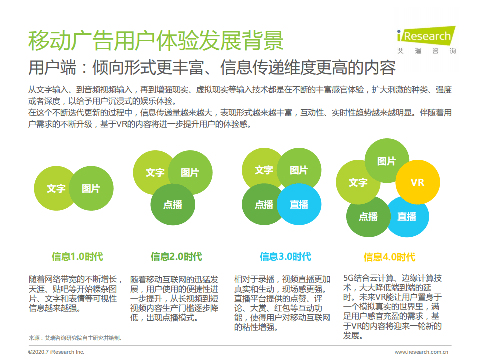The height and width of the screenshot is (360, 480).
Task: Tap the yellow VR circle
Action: [417, 182]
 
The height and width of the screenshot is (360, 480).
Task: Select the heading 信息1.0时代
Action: [77, 257]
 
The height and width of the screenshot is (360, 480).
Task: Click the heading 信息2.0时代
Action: [176, 257]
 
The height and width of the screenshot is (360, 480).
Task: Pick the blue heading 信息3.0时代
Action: [285, 257]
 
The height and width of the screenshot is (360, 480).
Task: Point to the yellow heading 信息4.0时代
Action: [389, 257]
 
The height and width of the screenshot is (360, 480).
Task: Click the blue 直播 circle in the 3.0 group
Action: [299, 204]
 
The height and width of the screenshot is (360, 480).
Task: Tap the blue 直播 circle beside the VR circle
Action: [407, 216]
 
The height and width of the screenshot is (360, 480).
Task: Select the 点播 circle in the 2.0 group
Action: [173, 204]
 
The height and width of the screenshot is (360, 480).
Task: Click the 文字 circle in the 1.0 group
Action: [55, 188]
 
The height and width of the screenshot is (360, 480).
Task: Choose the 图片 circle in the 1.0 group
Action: [91, 188]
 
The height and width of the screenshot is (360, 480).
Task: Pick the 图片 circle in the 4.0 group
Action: [386, 161]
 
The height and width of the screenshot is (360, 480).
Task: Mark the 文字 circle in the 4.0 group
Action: [357, 182]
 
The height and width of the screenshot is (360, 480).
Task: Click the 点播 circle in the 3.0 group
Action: [263, 204]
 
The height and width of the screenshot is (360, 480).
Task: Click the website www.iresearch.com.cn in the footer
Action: [421, 352]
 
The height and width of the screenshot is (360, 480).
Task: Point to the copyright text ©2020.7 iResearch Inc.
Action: [56, 352]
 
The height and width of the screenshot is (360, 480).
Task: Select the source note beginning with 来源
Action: [75, 338]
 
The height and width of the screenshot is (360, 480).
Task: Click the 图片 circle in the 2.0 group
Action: [190, 173]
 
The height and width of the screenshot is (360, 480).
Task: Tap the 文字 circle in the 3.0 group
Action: [263, 170]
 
